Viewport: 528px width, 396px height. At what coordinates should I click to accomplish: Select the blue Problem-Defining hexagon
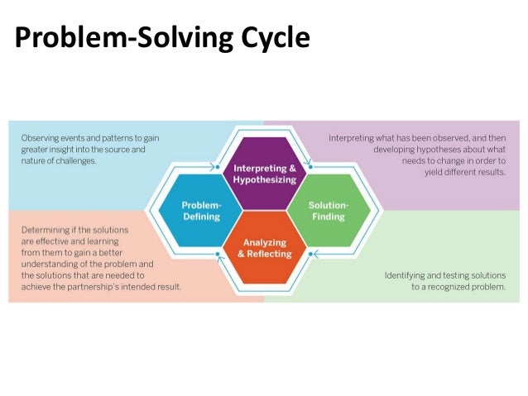(201, 210)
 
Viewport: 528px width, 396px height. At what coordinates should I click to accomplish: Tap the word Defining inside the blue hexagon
(201, 217)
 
